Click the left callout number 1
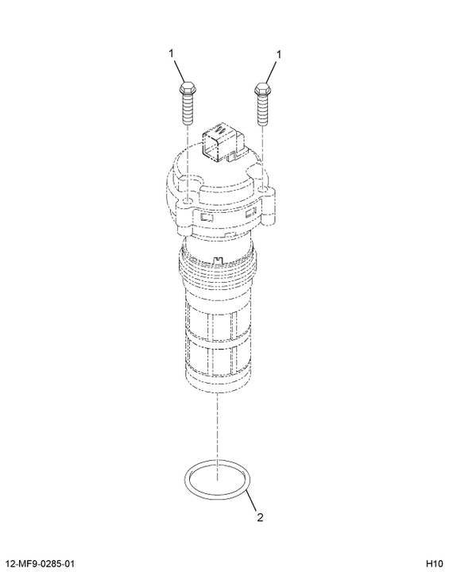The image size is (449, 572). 171,54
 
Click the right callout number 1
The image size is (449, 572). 279,55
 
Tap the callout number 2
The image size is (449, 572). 260,517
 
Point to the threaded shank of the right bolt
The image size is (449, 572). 263,110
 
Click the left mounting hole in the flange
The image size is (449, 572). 188,202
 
